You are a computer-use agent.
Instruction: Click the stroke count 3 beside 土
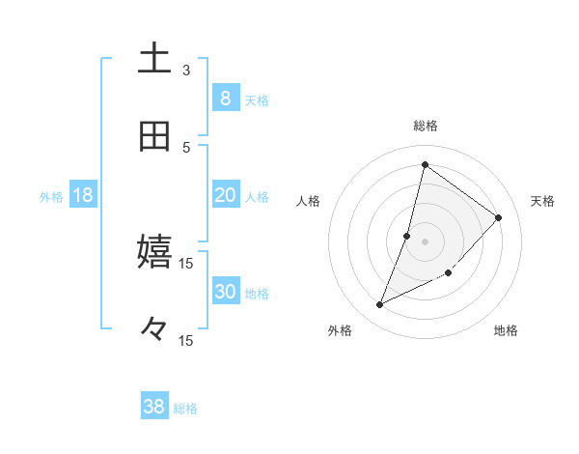coord(186,70)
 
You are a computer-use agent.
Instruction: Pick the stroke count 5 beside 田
coord(186,147)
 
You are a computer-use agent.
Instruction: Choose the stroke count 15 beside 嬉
coord(186,263)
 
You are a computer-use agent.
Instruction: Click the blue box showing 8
coord(225,98)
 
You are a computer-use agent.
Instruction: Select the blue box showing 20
coord(225,195)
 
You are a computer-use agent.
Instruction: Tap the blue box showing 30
coord(225,292)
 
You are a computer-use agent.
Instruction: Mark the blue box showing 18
coord(83,195)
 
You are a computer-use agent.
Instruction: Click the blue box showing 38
coord(154,407)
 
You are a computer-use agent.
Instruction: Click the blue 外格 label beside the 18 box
coord(51,197)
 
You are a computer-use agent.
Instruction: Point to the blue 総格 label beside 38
coord(185,409)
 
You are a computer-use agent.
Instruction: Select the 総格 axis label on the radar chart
coord(426,126)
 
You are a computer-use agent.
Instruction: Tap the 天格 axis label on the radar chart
coord(542,201)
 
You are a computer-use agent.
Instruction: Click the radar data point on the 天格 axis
coord(499,217)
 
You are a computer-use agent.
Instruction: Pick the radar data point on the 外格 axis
coord(380,305)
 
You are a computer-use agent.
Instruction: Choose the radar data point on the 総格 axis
coord(425,164)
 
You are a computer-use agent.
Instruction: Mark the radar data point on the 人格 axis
coord(407,236)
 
